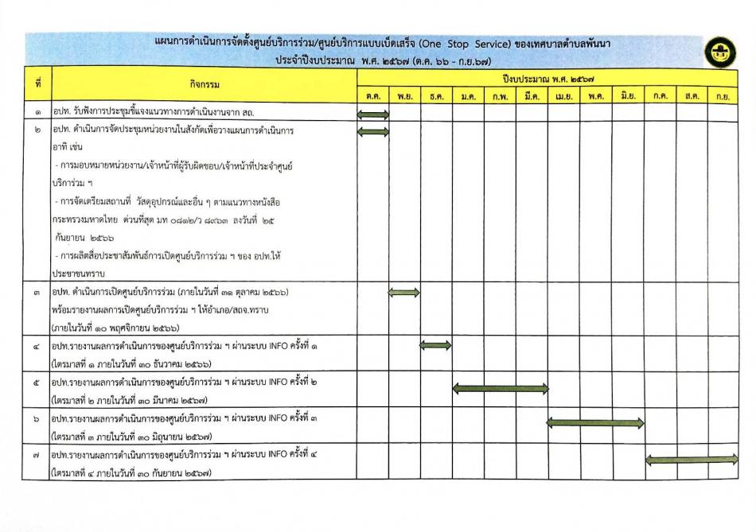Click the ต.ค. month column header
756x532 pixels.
click(x=372, y=96)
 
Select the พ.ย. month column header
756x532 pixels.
click(x=404, y=96)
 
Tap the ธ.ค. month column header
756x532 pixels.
click(x=436, y=96)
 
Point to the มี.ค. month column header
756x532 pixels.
click(x=532, y=96)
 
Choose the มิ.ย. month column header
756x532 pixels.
click(x=628, y=96)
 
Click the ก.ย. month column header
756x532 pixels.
click(x=723, y=96)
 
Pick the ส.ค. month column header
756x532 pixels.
click(x=692, y=96)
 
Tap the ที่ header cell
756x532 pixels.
click(x=37, y=83)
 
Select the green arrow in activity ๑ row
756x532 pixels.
click(x=373, y=115)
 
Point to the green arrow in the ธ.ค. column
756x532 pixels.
click(x=435, y=345)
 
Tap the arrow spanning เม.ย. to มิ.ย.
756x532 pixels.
click(x=595, y=423)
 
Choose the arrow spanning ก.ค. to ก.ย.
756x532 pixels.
click(x=692, y=459)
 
